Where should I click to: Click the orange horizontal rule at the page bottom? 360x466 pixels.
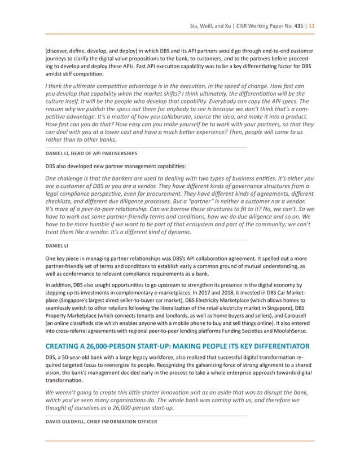tap(180, 439)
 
